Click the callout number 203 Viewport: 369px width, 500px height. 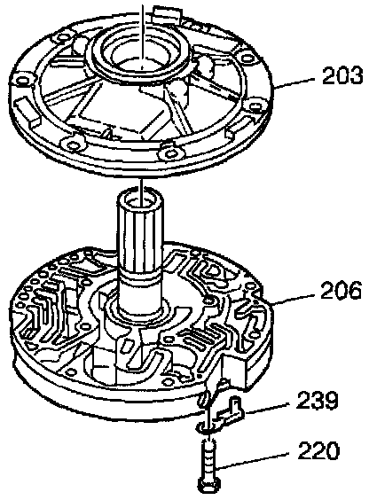pyautogui.click(x=342, y=75)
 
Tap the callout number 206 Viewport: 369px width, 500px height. pyautogui.click(x=341, y=290)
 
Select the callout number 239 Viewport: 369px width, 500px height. pyautogui.click(x=317, y=401)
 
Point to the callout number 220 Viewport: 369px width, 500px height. pyautogui.click(x=318, y=449)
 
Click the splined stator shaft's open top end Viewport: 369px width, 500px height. pyautogui.click(x=141, y=199)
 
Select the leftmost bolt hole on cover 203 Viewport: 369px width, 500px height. pyautogui.click(x=24, y=80)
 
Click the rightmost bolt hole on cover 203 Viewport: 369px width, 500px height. pyautogui.click(x=255, y=105)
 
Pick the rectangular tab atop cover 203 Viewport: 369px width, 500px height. pyautogui.click(x=165, y=13)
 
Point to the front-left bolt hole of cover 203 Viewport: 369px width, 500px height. pyautogui.click(x=74, y=145)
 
